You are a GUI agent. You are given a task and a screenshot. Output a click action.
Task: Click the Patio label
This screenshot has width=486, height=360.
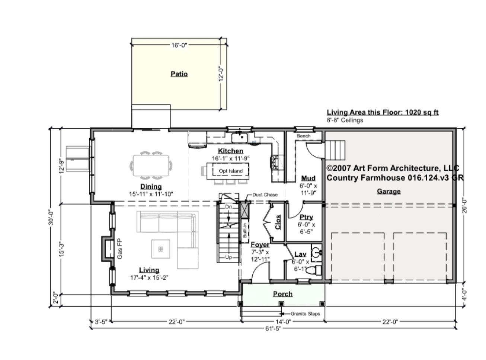(179, 74)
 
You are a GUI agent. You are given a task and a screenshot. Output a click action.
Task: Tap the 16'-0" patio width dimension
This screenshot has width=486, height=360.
(179, 45)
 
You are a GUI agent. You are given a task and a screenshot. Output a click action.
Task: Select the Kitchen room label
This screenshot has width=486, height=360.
(230, 151)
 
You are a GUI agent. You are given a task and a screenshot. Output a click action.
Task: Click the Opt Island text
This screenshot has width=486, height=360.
(230, 171)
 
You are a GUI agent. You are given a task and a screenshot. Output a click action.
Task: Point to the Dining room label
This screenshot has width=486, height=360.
(151, 186)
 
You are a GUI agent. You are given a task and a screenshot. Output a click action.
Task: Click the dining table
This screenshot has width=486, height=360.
(151, 165)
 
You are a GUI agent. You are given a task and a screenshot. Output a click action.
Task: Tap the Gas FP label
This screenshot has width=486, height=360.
(119, 248)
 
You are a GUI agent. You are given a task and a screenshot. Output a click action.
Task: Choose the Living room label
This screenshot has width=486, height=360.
(149, 270)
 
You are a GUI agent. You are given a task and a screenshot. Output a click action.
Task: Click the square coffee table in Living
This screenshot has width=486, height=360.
(161, 249)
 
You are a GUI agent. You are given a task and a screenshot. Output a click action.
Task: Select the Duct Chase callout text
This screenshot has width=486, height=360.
(265, 195)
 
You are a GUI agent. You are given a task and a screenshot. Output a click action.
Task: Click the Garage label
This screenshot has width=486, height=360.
(389, 191)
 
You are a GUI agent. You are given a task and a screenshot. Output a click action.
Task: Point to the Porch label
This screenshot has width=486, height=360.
(283, 294)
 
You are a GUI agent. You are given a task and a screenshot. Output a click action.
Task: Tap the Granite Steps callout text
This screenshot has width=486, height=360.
(305, 314)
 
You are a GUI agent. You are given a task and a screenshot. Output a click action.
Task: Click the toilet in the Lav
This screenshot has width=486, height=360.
(313, 270)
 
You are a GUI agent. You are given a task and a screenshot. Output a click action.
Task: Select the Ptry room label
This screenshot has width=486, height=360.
(306, 217)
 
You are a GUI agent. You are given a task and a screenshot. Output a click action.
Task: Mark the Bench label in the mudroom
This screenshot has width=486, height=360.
(304, 136)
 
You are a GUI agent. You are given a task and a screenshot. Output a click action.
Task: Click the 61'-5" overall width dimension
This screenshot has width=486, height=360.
(273, 329)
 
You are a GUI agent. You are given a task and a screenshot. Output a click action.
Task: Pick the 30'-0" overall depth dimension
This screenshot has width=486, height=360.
(51, 218)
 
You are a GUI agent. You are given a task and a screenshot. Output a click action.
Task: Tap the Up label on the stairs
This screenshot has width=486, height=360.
(228, 257)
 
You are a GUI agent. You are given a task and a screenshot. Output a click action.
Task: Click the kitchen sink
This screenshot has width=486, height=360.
(240, 138)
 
